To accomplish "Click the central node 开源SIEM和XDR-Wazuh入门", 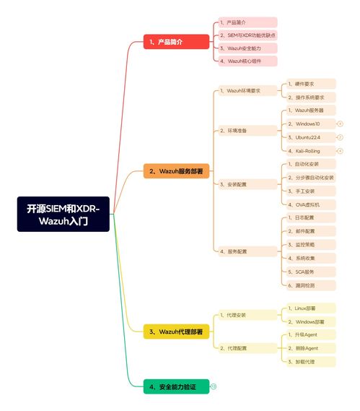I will tap(63, 214).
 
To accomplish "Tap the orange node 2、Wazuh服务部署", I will tap(176, 172).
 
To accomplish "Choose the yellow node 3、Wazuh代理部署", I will tap(176, 332).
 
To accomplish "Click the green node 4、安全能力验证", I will tap(176, 387).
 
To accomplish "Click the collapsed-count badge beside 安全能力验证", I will tap(214, 387).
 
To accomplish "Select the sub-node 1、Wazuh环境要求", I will tap(248, 91).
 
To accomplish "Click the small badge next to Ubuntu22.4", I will tap(340, 137).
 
